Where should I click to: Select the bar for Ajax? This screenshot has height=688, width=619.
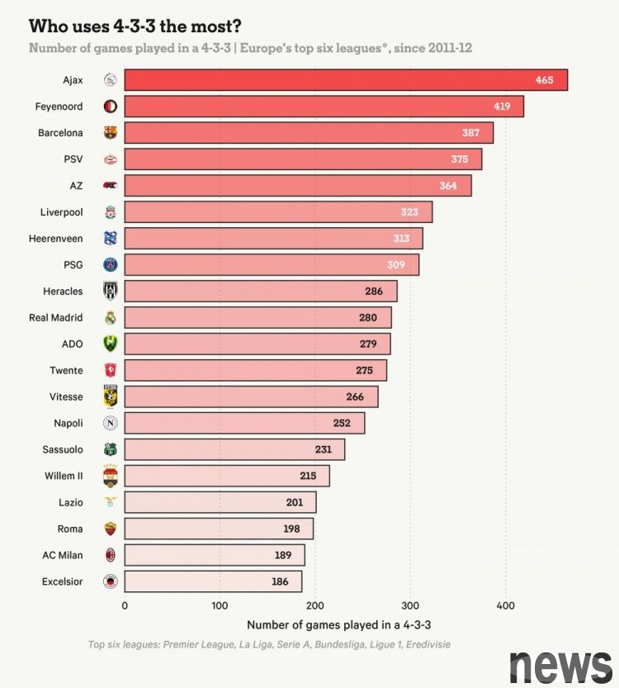coord(346,80)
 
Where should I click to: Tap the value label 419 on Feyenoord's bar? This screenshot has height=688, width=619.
coord(503,107)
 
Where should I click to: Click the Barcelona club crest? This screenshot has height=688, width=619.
coord(111,132)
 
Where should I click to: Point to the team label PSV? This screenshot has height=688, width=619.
coord(72,159)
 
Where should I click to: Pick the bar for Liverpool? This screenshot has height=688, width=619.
coord(278,212)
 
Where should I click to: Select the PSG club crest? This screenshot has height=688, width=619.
coord(111,265)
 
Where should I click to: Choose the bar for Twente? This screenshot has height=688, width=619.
coord(255,370)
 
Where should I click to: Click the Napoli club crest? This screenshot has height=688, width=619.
coord(111,423)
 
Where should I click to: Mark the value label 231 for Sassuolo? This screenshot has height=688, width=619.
coord(323,449)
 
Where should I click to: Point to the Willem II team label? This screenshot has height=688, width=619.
coord(63,476)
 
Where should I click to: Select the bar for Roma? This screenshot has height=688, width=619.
coord(219,529)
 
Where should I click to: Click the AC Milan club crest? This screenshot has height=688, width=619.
coord(111,555)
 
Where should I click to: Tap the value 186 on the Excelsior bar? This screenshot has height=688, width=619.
coord(280,581)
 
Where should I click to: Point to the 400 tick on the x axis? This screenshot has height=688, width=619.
coord(505,606)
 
